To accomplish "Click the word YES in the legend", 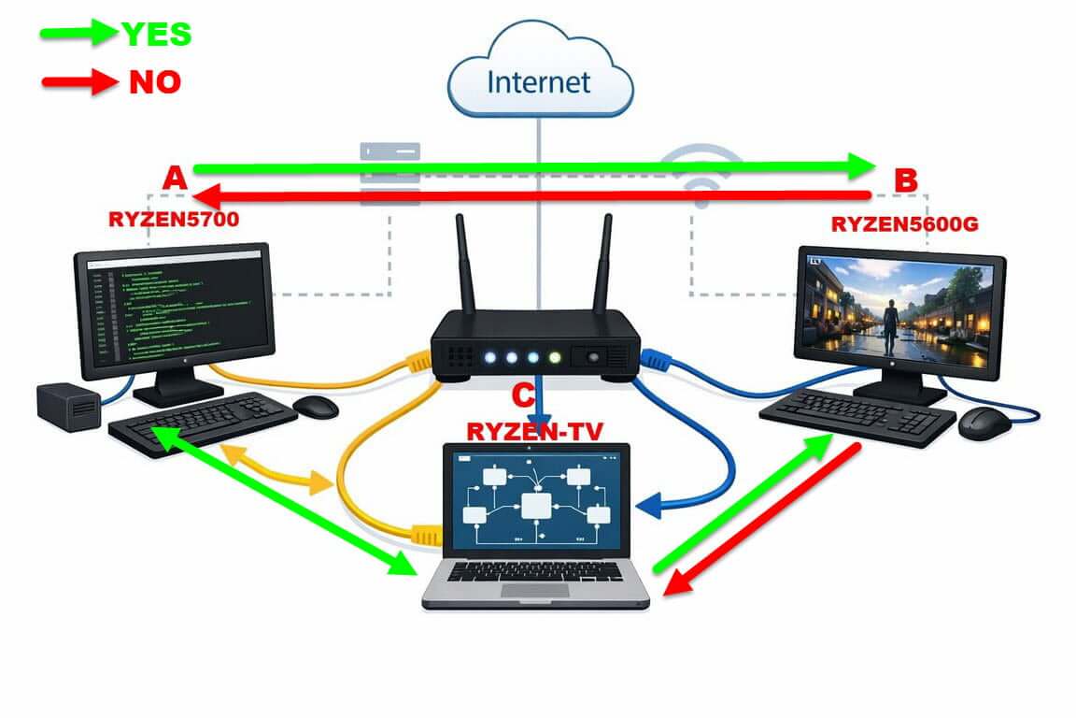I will tap(156, 35).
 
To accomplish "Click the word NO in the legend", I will tap(155, 82).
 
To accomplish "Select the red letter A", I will tap(175, 178).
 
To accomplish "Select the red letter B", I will tap(905, 180).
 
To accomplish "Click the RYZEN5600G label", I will tap(903, 223).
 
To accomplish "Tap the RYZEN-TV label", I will tap(534, 430).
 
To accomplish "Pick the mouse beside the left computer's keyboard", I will tap(316, 406).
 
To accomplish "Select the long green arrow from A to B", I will tap(532, 167).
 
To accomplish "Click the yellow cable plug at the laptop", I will tap(425, 535).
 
